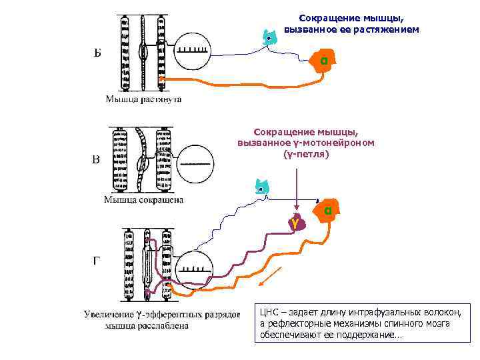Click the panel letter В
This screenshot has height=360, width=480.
pyautogui.click(x=96, y=160)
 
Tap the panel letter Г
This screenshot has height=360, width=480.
pyautogui.click(x=97, y=261)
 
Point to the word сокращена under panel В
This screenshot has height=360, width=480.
pyautogui.click(x=160, y=199)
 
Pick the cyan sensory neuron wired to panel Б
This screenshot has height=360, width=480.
pyautogui.click(x=268, y=37)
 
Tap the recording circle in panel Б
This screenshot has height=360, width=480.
pyautogui.click(x=193, y=51)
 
